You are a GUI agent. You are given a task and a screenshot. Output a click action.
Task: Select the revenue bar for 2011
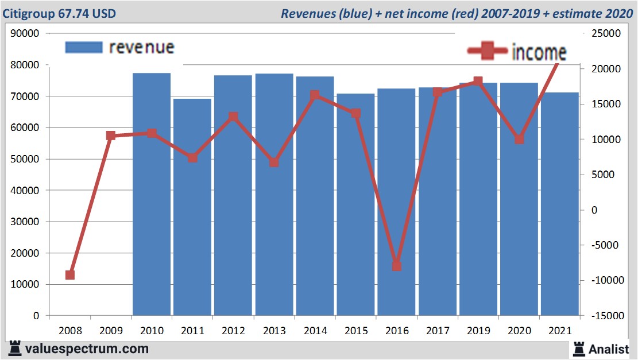(x=192, y=207)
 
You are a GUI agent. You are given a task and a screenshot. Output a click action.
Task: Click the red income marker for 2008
(x=70, y=275)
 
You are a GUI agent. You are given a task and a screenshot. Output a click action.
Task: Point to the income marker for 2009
(x=111, y=136)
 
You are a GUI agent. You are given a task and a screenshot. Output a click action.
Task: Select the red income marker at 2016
(x=396, y=266)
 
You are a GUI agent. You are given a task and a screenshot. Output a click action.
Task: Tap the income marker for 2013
(x=274, y=162)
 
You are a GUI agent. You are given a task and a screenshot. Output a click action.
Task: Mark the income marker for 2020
(x=519, y=140)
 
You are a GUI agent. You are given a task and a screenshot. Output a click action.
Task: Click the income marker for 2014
(x=315, y=95)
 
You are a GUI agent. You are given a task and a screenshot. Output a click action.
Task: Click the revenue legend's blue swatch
(x=84, y=47)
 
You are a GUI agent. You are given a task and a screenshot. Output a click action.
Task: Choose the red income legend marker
(x=488, y=52)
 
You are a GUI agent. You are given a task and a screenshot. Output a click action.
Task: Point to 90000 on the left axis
(x=25, y=33)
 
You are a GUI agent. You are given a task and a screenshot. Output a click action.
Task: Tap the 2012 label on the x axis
(x=233, y=331)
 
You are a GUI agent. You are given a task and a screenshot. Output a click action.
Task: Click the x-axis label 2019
(x=478, y=331)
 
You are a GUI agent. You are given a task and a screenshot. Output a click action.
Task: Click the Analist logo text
(x=608, y=349)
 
